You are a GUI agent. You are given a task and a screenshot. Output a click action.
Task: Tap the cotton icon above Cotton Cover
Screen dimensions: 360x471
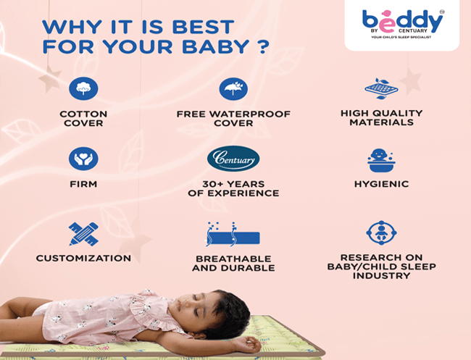tap(83, 89)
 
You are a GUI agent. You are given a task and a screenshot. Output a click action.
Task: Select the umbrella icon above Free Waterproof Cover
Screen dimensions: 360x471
tap(233, 89)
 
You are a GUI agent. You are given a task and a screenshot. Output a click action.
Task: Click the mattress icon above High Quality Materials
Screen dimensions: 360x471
tap(381, 89)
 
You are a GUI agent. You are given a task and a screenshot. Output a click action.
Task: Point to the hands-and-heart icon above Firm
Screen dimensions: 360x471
tap(83, 159)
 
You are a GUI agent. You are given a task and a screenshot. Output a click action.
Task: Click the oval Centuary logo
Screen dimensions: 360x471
tap(233, 158)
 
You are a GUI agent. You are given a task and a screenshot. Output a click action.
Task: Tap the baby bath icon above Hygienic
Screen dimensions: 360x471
tap(381, 159)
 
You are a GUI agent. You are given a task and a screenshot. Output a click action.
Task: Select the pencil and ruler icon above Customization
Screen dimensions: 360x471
tap(83, 233)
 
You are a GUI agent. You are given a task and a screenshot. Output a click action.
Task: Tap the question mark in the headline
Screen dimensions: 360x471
tap(264, 47)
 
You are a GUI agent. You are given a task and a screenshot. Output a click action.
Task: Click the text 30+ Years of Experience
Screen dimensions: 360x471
tap(233, 188)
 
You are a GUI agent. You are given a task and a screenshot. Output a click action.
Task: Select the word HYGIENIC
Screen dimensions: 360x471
tap(381, 184)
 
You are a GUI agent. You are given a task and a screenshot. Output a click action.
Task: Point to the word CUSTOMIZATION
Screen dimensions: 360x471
tap(83, 258)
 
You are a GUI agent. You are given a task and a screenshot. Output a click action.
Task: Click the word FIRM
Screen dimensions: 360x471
tap(83, 184)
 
